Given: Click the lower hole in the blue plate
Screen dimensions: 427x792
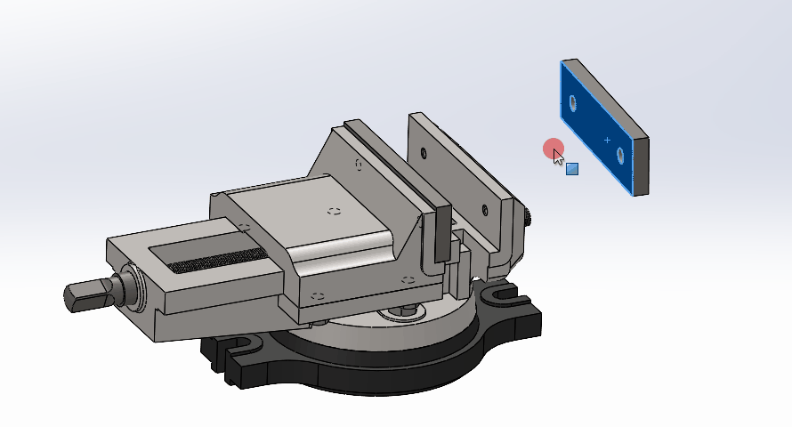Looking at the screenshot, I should [x=620, y=157].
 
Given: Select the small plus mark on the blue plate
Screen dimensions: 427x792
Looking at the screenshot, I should [x=608, y=140].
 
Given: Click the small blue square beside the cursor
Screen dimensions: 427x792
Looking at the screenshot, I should [x=572, y=168].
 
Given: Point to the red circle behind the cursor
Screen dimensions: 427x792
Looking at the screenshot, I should [x=553, y=149].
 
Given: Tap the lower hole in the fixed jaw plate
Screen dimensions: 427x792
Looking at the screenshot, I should [x=485, y=211].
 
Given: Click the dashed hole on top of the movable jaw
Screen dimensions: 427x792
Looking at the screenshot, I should [x=335, y=212].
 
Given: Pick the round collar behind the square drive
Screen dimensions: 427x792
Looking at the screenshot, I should [x=130, y=286].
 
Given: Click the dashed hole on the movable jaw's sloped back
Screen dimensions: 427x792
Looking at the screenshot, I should [x=358, y=164].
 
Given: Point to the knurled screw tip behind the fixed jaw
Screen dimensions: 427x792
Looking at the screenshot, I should [x=528, y=217].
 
